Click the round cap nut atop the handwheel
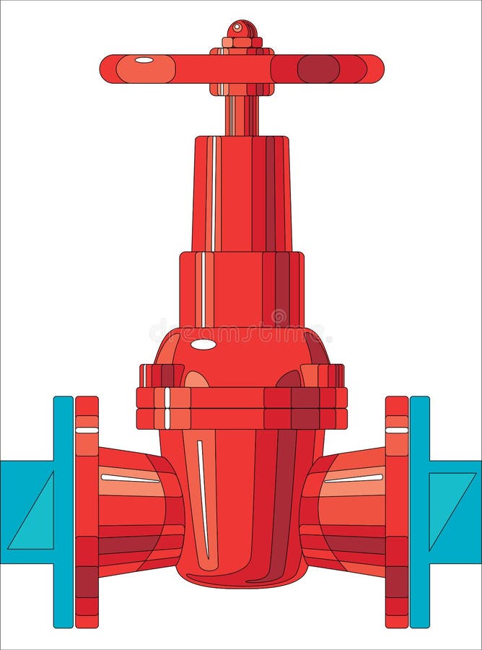coord(242,30)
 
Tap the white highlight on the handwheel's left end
coord(144,60)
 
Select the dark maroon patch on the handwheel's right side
coord(318,69)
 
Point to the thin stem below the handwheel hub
coord(242,116)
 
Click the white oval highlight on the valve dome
coord(203,344)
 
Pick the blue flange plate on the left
coord(63,511)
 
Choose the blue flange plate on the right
coord(419,511)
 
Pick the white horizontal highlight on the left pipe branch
coord(130,477)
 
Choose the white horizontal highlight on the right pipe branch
coord(354,477)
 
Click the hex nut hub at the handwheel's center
coord(242,69)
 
